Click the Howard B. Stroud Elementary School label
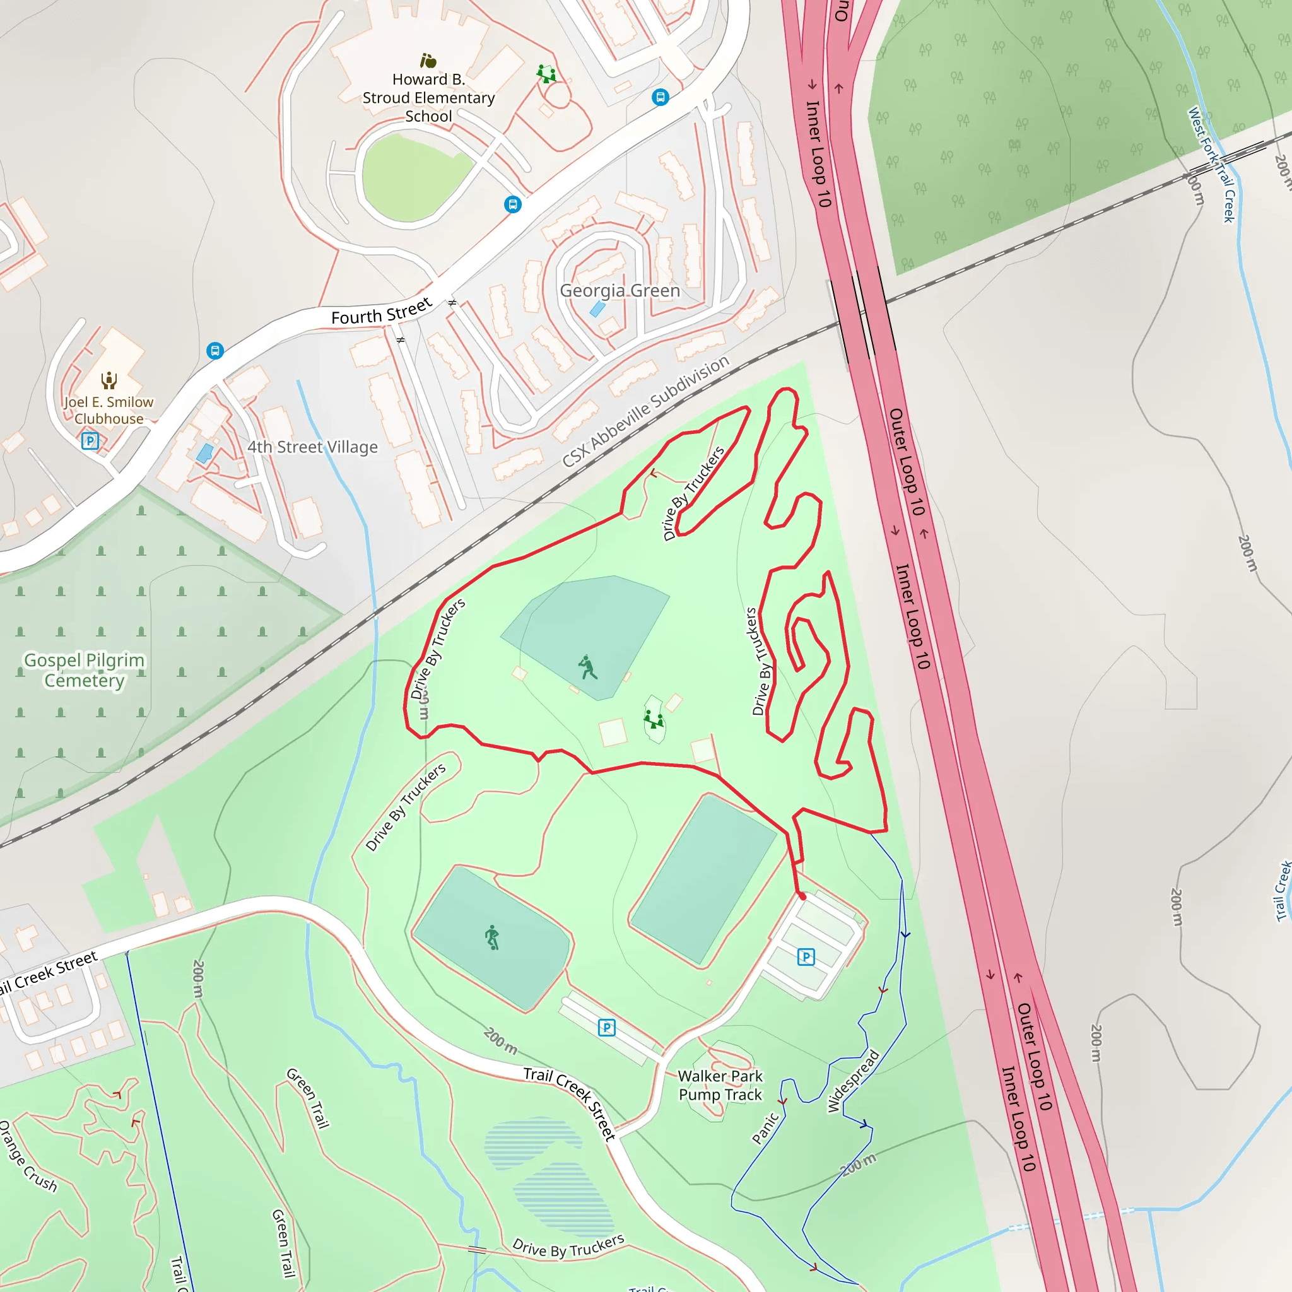[x=428, y=98]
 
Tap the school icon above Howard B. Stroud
[x=428, y=61]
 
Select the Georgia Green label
[x=620, y=290]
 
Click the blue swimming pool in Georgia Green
[x=597, y=309]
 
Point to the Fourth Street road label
[x=381, y=312]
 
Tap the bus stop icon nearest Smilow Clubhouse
[x=214, y=350]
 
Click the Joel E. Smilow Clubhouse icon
[x=109, y=380]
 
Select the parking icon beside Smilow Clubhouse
[x=90, y=441]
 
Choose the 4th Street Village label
[x=312, y=447]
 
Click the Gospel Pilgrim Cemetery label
[x=85, y=670]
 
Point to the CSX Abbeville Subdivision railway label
[x=645, y=411]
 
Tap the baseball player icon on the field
[x=587, y=667]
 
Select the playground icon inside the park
[x=654, y=720]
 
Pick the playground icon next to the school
[x=546, y=73]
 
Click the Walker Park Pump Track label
[x=720, y=1084]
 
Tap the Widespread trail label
[x=853, y=1081]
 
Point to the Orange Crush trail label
[x=28, y=1156]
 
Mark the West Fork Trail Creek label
[x=1211, y=164]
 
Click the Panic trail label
[x=765, y=1127]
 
